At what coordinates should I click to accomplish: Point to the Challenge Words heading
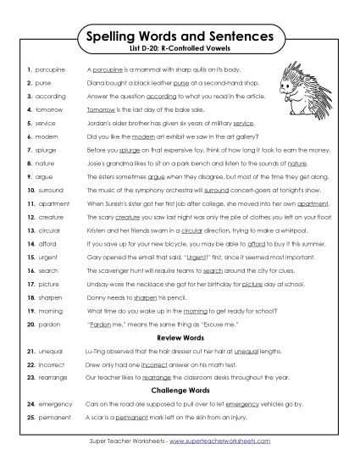tap(180, 391)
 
